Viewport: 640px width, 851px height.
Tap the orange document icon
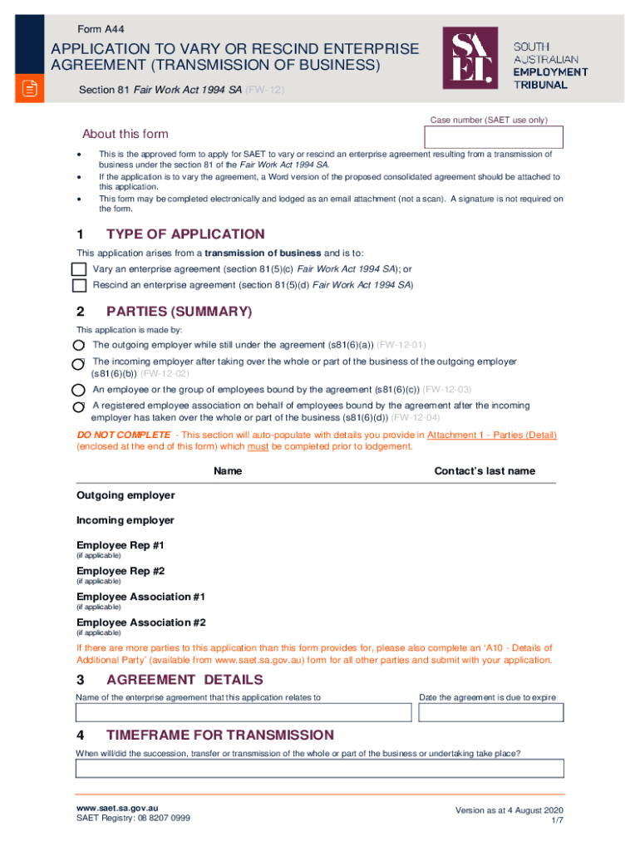pyautogui.click(x=30, y=89)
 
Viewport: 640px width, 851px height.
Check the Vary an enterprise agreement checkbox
pyautogui.click(x=79, y=269)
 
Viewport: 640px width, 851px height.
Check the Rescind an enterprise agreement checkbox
pyautogui.click(x=79, y=285)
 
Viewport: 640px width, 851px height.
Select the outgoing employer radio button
pyautogui.click(x=78, y=345)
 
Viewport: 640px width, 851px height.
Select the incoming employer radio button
pyautogui.click(x=78, y=363)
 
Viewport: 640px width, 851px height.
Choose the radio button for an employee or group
pyautogui.click(x=78, y=390)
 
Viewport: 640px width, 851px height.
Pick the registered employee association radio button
pyautogui.click(x=78, y=406)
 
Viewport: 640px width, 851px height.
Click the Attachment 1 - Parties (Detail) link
pyautogui.click(x=491, y=435)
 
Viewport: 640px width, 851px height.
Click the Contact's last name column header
pyautogui.click(x=485, y=471)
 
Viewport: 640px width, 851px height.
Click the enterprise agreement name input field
pyautogui.click(x=244, y=713)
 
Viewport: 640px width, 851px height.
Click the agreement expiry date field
pyautogui.click(x=490, y=713)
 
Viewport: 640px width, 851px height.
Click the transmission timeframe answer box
pyautogui.click(x=319, y=768)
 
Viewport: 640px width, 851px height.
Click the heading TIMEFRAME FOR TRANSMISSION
pyautogui.click(x=220, y=735)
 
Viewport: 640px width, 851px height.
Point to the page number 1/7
pyautogui.click(x=557, y=820)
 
